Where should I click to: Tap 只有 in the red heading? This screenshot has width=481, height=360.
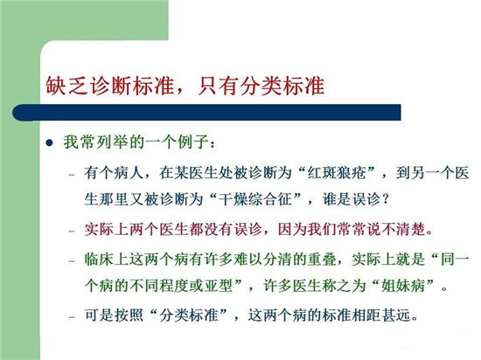coord(218,85)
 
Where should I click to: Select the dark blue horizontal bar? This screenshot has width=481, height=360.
coord(206,113)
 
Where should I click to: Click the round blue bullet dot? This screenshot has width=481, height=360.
coord(49,142)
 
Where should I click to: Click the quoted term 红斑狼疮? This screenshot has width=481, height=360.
coord(337,173)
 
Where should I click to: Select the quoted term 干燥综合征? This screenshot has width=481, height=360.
coord(254,199)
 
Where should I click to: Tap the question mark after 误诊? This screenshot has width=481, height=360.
coord(386,200)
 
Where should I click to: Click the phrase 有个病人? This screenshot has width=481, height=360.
coord(114,173)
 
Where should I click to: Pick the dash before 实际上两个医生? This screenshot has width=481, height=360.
coord(72,231)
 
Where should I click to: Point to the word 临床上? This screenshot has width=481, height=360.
coord(106,260)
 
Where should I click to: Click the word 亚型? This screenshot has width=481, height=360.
coord(218,286)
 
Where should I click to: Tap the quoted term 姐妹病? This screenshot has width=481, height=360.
coord(402,286)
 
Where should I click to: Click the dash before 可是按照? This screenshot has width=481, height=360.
coord(72,317)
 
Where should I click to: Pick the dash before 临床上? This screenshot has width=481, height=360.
coord(72,261)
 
